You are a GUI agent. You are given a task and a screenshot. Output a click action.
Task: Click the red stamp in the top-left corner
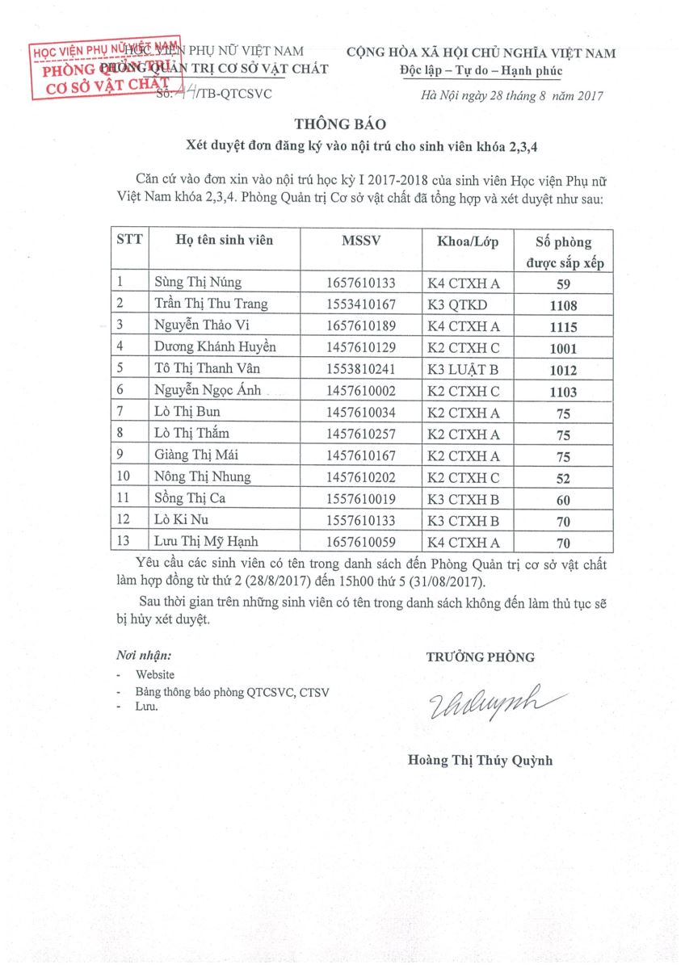coord(105,69)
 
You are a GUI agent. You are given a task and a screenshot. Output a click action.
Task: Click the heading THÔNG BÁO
coord(340,124)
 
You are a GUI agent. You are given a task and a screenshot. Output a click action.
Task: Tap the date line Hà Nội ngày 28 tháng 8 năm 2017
coord(512,96)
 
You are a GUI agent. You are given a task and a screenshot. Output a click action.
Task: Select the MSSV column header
coord(360,241)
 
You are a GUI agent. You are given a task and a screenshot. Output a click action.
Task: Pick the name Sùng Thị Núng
coord(198,283)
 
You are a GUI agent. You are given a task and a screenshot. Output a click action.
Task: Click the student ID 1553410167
coord(361,304)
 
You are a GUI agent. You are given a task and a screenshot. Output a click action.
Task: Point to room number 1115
coord(563,327)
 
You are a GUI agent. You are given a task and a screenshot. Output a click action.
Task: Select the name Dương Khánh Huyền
coord(215,348)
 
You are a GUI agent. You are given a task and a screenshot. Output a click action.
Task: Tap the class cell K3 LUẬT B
coord(464,370)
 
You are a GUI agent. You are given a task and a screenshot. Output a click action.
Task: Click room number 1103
coord(563,392)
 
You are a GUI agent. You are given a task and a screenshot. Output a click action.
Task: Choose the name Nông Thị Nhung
coord(203,476)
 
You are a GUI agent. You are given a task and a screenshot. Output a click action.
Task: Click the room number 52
coord(563,478)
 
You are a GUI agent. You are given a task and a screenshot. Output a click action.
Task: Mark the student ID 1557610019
coord(361,498)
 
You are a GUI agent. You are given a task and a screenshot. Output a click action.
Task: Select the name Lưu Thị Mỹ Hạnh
coord(208,541)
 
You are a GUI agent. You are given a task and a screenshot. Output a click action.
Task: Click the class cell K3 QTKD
coord(457,304)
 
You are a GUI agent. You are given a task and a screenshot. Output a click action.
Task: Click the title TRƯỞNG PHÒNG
coord(480,657)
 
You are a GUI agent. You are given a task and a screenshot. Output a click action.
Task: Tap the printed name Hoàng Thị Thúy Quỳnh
coord(480,760)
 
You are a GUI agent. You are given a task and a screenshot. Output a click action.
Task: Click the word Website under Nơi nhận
coord(154,674)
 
